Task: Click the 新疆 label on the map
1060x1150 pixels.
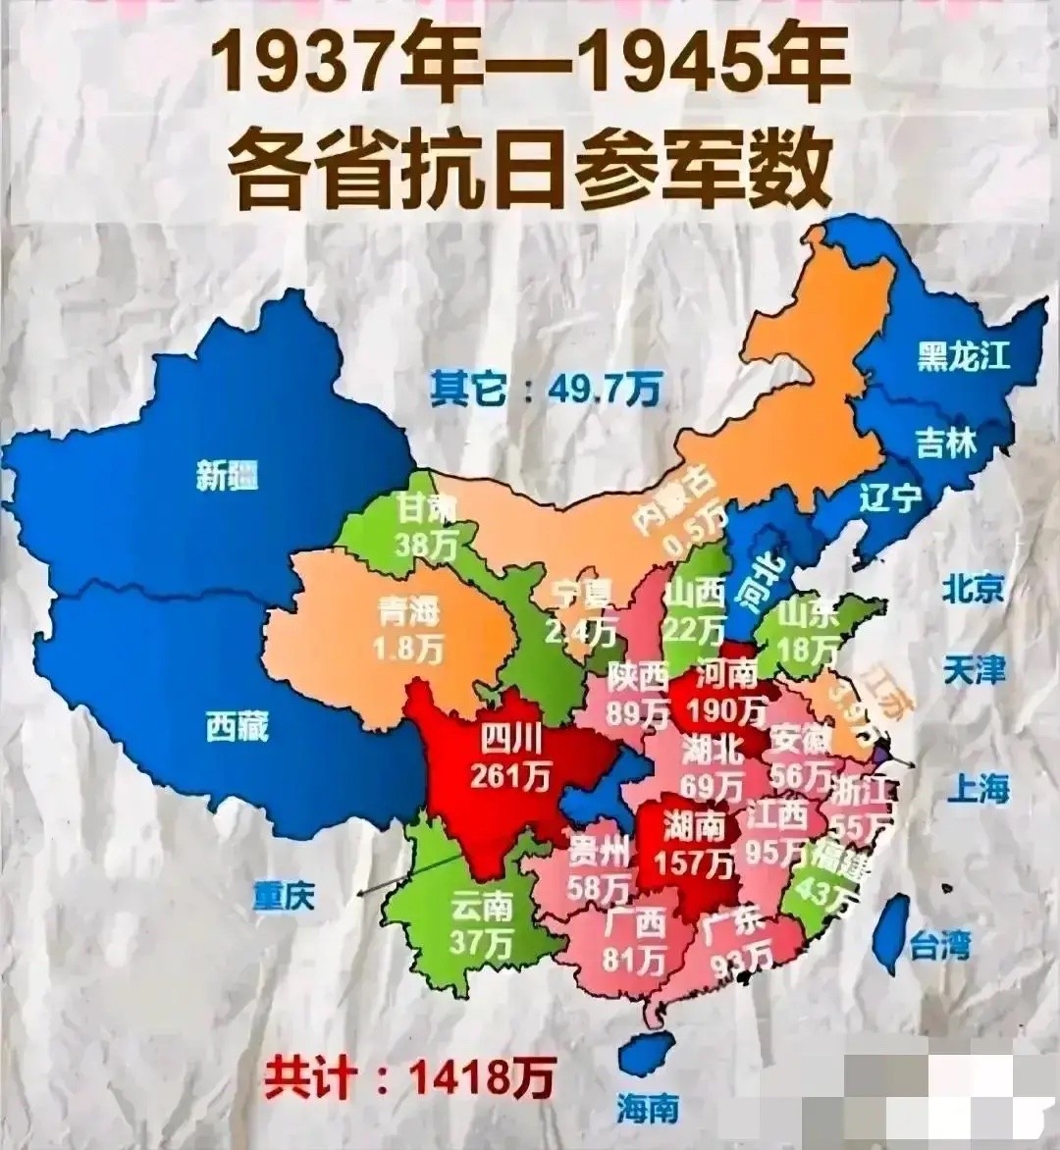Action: click(227, 477)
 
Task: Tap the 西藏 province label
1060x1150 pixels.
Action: click(237, 727)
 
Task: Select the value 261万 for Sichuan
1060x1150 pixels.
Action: click(509, 775)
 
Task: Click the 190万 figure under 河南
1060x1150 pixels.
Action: click(727, 707)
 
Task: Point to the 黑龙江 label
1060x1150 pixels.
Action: click(963, 355)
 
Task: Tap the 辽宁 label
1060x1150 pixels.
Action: click(890, 497)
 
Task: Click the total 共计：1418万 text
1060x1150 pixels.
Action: click(408, 1076)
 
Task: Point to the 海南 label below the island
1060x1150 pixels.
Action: click(648, 1109)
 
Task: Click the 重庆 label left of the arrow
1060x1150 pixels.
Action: click(284, 897)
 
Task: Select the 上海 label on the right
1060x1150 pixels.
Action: click(978, 788)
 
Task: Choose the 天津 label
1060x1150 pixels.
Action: click(974, 671)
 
